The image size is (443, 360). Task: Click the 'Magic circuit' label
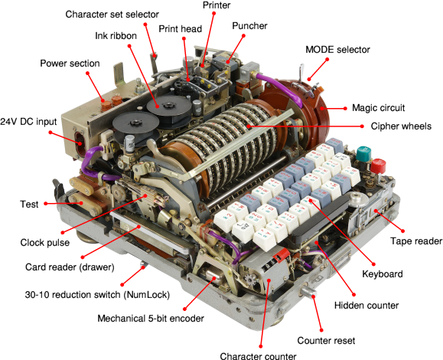pyautogui.click(x=378, y=108)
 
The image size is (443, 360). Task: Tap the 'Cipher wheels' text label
pyautogui.click(x=401, y=126)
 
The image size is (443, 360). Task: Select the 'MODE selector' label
pyautogui.click(x=337, y=50)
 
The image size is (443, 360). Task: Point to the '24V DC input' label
pyautogui.click(x=28, y=122)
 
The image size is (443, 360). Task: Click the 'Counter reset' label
pyautogui.click(x=326, y=341)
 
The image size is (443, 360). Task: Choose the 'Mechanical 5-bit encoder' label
pyautogui.click(x=151, y=319)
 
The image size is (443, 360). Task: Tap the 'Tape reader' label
pyautogui.click(x=416, y=241)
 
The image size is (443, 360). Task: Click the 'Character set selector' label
pyautogui.click(x=112, y=14)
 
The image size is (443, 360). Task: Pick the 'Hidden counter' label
pyautogui.click(x=366, y=306)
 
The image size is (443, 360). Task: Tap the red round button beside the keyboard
pyautogui.click(x=378, y=166)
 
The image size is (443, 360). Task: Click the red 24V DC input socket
pyautogui.click(x=79, y=141)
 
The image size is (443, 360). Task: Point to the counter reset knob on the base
pyautogui.click(x=308, y=292)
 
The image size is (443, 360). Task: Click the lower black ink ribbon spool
pyautogui.click(x=135, y=123)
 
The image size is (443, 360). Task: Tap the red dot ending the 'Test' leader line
pyautogui.click(x=45, y=204)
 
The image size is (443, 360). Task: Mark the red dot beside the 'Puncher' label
pyautogui.click(x=243, y=36)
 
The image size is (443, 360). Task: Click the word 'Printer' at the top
pyautogui.click(x=217, y=5)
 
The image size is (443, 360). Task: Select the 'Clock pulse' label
pyautogui.click(x=45, y=242)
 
